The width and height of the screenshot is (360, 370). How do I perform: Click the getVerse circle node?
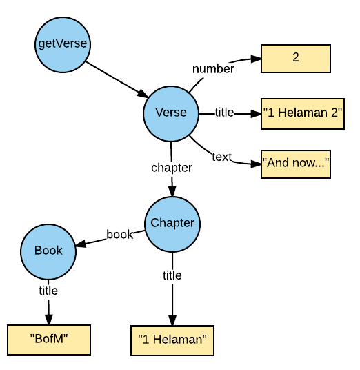coord(63,45)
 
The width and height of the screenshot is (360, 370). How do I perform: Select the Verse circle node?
coord(171,114)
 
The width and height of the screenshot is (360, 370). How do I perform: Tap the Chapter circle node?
coord(172,224)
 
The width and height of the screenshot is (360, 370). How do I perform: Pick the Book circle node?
coord(48,252)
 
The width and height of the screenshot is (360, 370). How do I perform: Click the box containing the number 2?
coord(296,59)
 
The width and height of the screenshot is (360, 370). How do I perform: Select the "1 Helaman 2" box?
coord(303,114)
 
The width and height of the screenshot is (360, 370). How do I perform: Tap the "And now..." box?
coord(296,164)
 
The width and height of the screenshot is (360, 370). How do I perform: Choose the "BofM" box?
coord(49,340)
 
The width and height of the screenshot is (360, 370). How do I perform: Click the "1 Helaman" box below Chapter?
coord(172,340)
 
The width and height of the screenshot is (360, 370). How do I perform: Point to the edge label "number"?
coord(213,69)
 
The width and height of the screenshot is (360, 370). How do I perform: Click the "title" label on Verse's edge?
coord(224,113)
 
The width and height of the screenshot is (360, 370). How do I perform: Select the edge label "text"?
coord(222,157)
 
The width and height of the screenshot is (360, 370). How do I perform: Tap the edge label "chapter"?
coord(172,168)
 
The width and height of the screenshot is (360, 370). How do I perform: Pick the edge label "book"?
coord(120,234)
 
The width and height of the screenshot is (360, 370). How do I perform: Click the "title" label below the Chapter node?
coord(172,275)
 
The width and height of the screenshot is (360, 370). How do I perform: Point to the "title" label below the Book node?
coord(48,291)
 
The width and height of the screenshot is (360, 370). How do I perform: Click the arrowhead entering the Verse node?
coord(143,94)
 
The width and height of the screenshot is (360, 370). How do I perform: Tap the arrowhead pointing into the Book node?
coord(81,244)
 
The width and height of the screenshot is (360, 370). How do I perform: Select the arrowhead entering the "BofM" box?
coord(49,320)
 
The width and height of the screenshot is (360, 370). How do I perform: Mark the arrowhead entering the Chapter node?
coord(172,191)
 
